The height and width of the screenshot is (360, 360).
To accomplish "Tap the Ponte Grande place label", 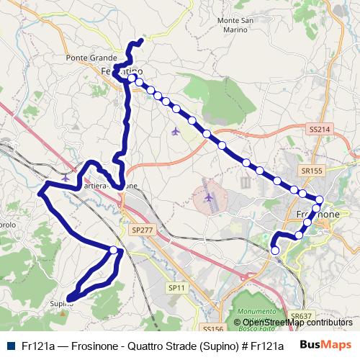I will tap(86, 58).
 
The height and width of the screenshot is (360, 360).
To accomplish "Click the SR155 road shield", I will tap(312, 171).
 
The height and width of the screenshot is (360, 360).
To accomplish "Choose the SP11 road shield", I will tap(176, 287).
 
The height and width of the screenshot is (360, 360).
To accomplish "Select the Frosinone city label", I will tap(318, 215).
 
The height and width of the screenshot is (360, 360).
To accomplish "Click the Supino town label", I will tap(61, 304).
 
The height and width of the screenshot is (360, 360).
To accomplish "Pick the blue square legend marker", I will tap(12, 344).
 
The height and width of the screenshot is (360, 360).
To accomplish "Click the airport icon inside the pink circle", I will tap(209, 197).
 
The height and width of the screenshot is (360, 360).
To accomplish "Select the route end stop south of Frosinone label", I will tap(274, 250).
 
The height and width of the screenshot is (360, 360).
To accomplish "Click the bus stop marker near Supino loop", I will tap(114, 250).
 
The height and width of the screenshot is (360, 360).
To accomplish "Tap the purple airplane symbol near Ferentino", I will tap(176, 131).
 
